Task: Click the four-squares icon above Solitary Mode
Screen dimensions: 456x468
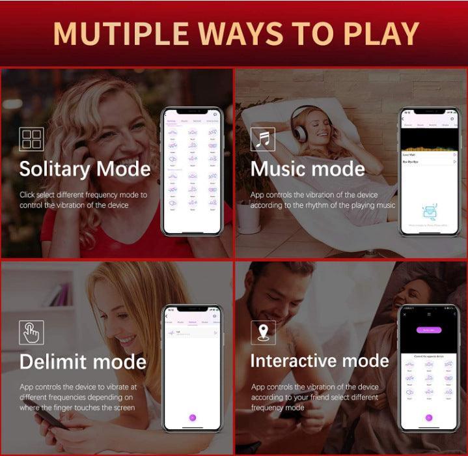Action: (x=31, y=139)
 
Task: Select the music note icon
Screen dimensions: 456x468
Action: (x=263, y=139)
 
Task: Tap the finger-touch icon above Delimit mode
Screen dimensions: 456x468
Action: (x=31, y=332)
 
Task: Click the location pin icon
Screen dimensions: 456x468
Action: (x=263, y=332)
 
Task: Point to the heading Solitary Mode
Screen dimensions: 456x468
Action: (x=85, y=169)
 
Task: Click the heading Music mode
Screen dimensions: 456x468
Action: (x=308, y=169)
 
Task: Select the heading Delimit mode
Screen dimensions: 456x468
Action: (x=83, y=362)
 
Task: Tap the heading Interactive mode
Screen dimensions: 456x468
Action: (x=319, y=361)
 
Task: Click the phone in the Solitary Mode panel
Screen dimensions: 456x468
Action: (x=191, y=171)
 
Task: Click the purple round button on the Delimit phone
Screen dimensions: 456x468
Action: (x=192, y=417)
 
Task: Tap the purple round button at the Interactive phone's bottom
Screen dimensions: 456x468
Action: (x=428, y=418)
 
